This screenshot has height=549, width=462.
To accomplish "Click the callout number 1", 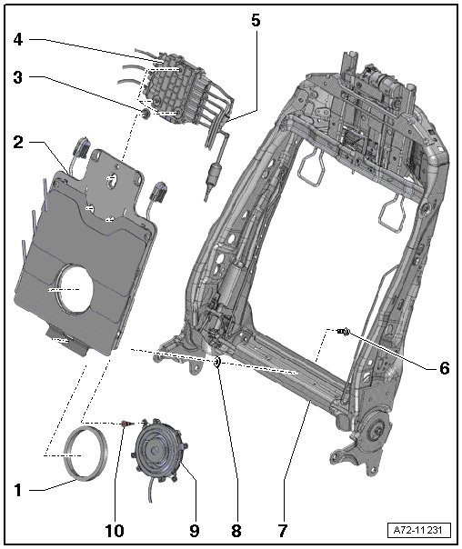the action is tap(18, 491).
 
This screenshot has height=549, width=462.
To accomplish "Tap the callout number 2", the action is tap(18, 143).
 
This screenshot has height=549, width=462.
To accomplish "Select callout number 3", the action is tap(18, 77).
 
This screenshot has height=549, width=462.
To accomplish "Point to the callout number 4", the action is tap(18, 40).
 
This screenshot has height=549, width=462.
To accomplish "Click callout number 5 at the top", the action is tap(256, 20).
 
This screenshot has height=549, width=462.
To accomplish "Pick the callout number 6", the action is tap(444, 368).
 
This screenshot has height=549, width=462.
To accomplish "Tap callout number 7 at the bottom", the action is tap(283, 531).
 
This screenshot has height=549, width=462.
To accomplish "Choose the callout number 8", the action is tap(236, 531).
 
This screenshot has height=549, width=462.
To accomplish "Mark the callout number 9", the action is tap(195, 531).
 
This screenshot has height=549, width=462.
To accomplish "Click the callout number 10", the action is tap(115, 531).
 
